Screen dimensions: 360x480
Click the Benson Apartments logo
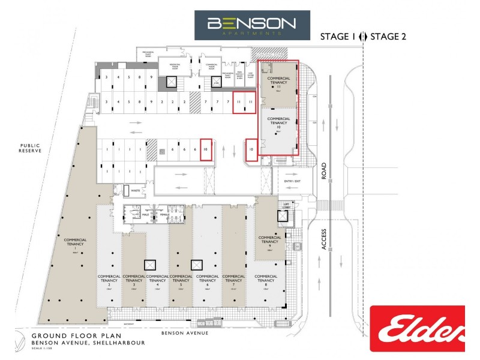[x=251, y=25]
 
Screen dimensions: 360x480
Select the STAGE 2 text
[x=388, y=37]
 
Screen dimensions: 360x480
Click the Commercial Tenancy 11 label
[x=278, y=82]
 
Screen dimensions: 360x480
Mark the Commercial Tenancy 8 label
[x=265, y=280]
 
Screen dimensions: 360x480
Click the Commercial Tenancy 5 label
[x=181, y=280]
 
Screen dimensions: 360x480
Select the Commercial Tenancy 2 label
[x=109, y=280]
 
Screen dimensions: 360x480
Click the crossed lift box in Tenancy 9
[x=283, y=216]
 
